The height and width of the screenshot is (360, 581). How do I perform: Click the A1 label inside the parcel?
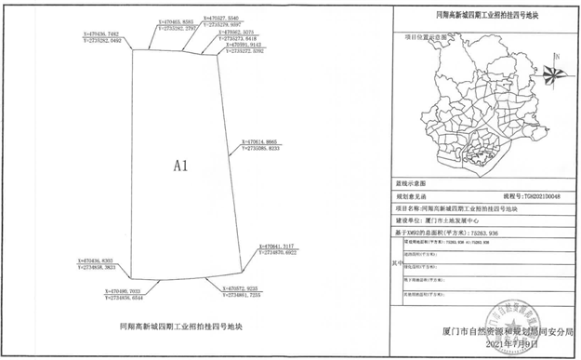point(181,166)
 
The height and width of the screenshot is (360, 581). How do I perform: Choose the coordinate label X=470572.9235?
point(247,287)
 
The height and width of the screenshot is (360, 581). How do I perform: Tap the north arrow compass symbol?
point(549,62)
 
